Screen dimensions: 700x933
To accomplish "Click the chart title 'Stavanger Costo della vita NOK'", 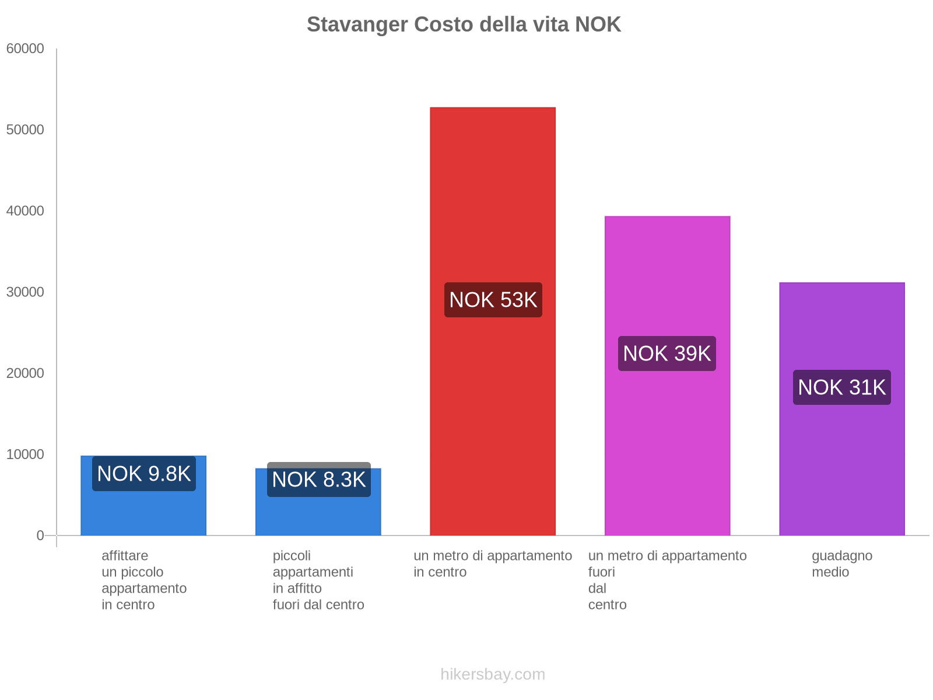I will coord(464,24).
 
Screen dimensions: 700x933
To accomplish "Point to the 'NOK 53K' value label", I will coord(493,300).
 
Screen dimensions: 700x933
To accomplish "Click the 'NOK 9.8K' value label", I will coord(143,474).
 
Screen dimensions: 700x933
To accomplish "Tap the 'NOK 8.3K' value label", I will coord(318,480).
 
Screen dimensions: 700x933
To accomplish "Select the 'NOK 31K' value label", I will coord(841,387).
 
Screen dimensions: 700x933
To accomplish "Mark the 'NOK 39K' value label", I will coord(667,353).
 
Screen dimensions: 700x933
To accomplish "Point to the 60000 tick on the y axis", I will coord(25,49).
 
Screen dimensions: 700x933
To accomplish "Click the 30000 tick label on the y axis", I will coord(25,292).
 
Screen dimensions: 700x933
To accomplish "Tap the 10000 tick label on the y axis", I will coord(25,454).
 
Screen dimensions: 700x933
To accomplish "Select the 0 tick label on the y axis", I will coord(40,535).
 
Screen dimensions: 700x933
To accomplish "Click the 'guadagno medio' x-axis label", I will coord(841,563).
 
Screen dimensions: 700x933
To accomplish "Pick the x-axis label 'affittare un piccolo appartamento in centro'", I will coord(143,580).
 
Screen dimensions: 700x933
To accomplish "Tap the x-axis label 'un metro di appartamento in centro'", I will coord(493,563).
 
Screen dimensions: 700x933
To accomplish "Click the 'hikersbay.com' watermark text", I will coord(493,674).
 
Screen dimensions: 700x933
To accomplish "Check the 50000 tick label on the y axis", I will coord(25,130).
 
